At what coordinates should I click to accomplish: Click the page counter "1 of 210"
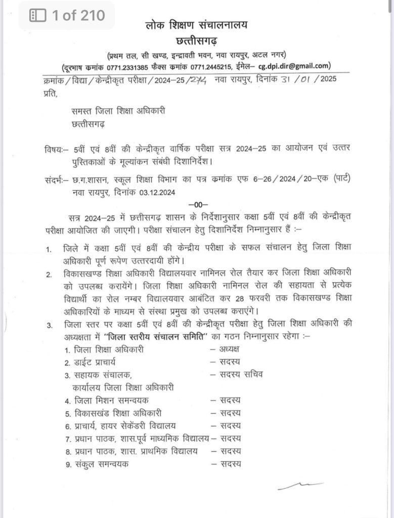pos(67,16)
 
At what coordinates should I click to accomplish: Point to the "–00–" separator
pos(195,204)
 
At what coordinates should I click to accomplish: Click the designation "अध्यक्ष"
pos(230,349)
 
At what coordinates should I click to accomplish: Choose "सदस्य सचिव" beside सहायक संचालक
pos(241,375)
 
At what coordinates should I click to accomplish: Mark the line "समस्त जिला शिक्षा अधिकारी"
pos(118,111)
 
